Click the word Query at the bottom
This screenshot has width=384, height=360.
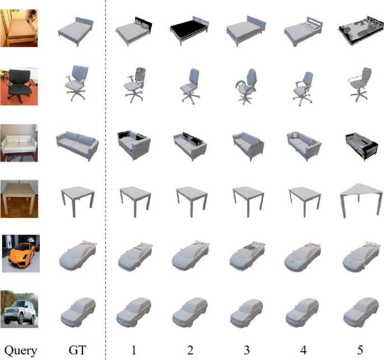click(19, 351)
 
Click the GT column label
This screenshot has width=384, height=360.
click(77, 351)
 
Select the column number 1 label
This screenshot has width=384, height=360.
click(134, 351)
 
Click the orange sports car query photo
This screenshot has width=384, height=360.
click(20, 253)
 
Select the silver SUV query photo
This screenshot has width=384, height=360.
click(20, 308)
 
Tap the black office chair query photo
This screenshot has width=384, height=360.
click(20, 86)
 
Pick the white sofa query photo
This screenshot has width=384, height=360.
click(20, 142)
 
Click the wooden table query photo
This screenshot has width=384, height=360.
click(20, 197)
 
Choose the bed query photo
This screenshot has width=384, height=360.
click(20, 27)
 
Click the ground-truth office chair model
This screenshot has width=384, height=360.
click(77, 85)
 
